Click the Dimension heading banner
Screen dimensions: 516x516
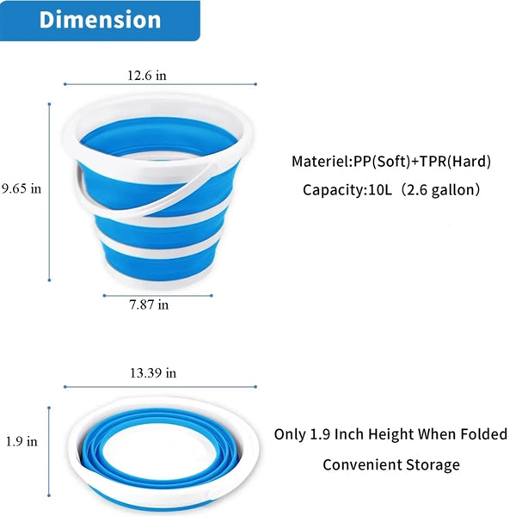coord(100,21)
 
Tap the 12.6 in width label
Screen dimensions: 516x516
coord(147,76)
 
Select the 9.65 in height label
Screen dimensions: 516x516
coord(21,189)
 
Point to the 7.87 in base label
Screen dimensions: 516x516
coord(149,304)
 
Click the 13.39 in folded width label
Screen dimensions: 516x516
coord(153,373)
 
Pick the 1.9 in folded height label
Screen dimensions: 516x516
coord(21,442)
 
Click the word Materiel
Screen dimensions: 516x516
coord(321,162)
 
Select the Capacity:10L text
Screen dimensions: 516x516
coord(347,190)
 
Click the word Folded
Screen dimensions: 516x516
coord(483,434)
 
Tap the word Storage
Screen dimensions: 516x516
coord(433,465)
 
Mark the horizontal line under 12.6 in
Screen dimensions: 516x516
coord(160,84)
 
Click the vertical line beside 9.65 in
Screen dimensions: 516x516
coord(49,192)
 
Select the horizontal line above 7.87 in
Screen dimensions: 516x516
coord(158,296)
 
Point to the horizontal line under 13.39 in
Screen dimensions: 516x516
coord(160,387)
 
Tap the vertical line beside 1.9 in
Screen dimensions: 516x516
coord(49,451)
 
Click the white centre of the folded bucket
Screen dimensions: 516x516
coord(160,451)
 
